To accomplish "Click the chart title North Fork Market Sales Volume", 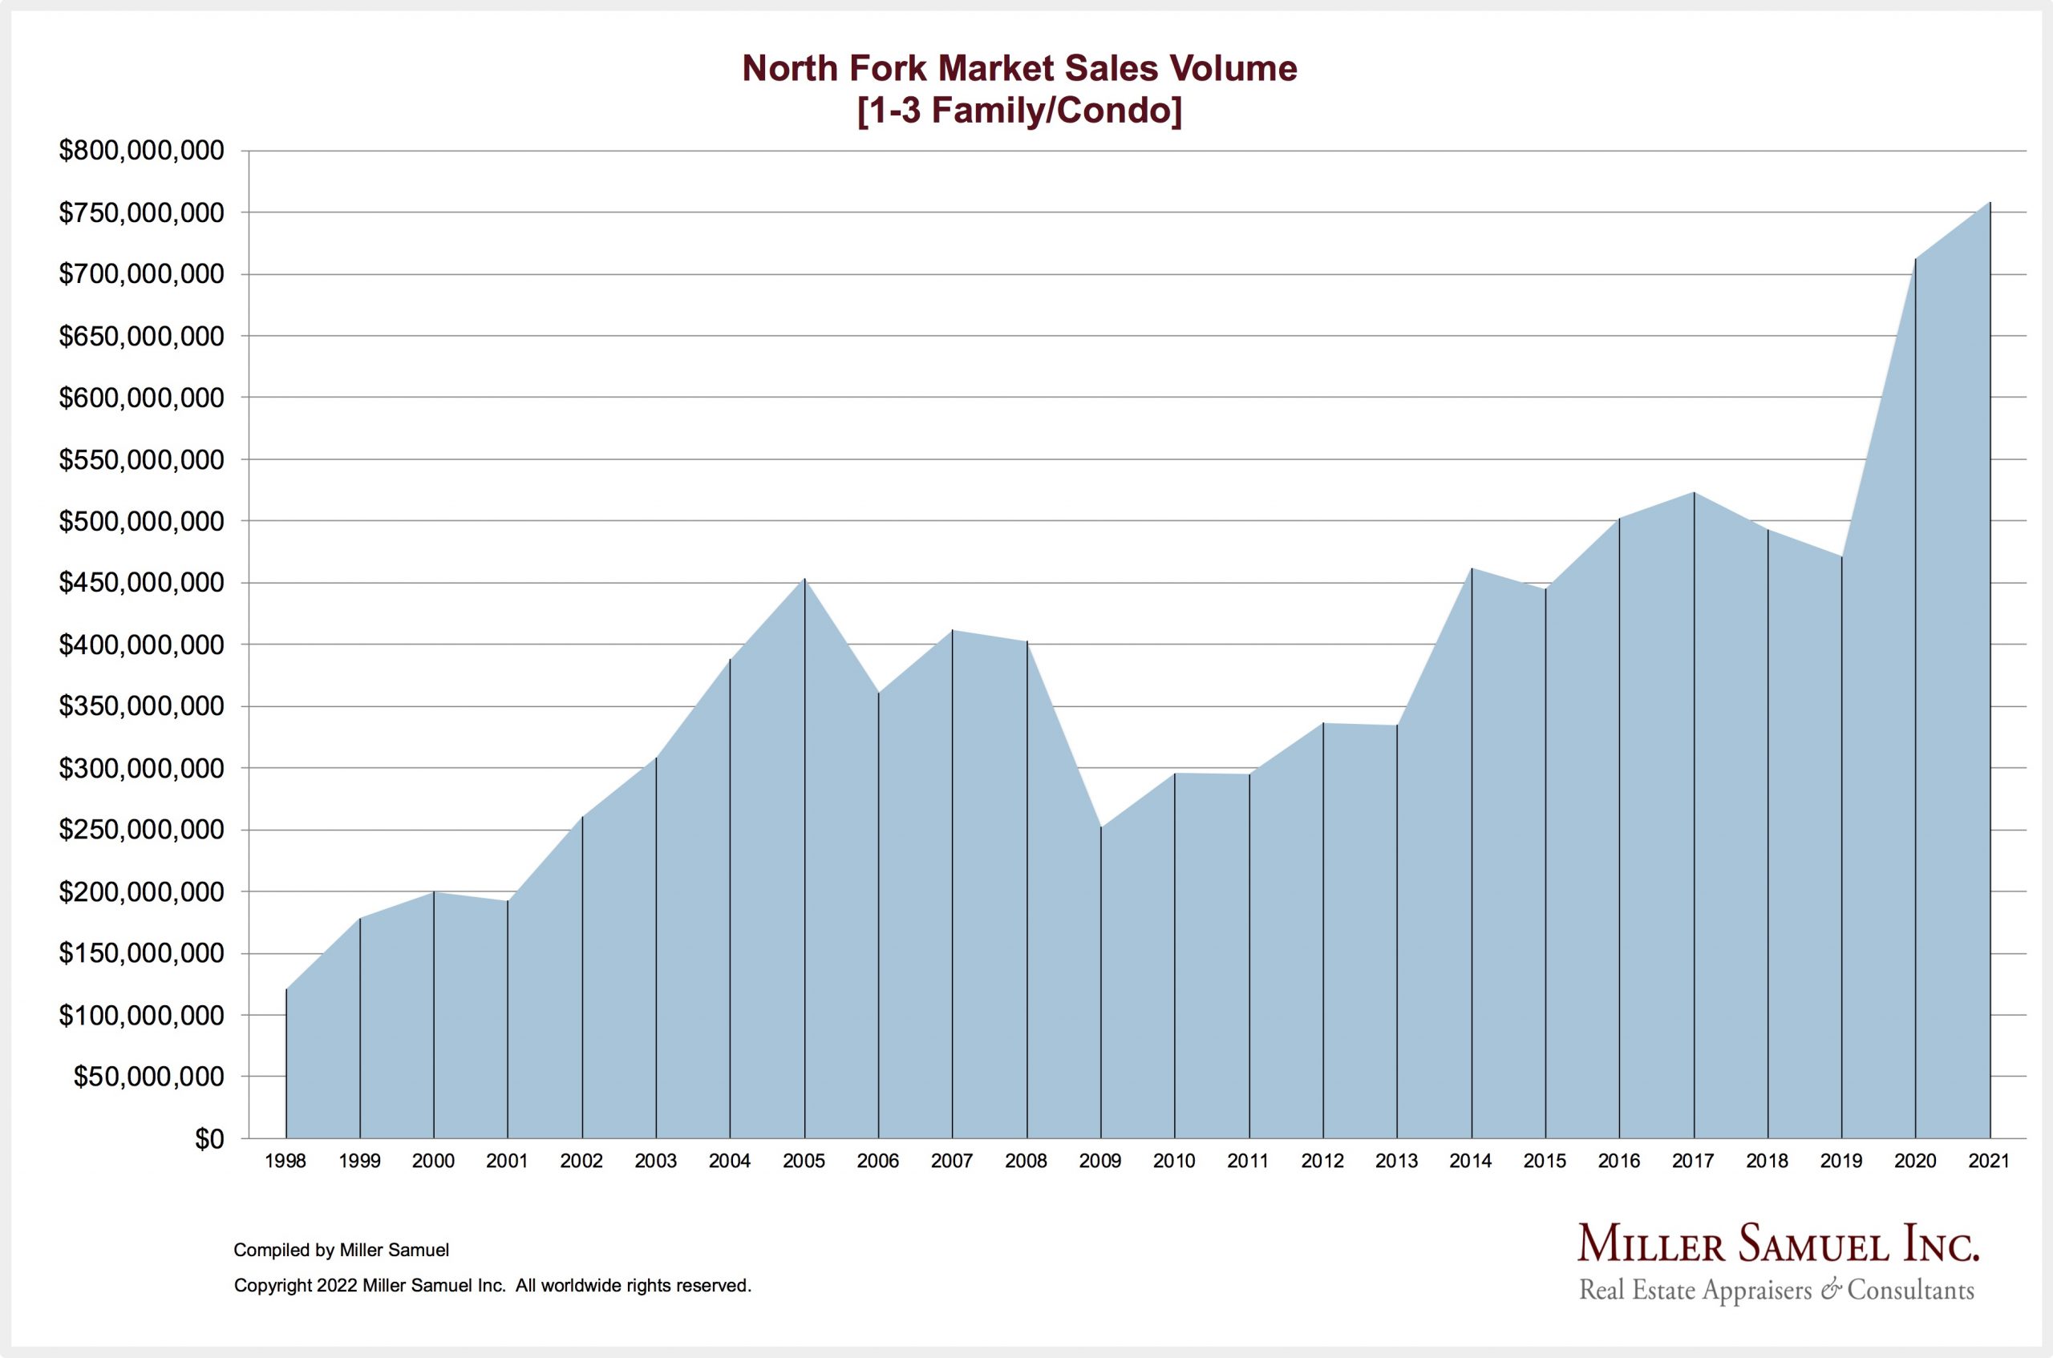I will click(1019, 68).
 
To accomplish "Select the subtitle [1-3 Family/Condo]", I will click(1019, 111).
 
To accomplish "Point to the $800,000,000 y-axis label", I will click(141, 151).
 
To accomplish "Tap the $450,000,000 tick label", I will click(141, 583).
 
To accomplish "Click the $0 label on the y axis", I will click(209, 1140).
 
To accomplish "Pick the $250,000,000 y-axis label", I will click(141, 830).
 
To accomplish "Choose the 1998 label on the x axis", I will click(285, 1162).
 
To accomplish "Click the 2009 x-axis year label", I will click(1100, 1162).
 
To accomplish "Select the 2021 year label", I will click(1989, 1162).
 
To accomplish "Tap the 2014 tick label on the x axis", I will click(1471, 1162).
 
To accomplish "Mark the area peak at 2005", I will click(804, 580).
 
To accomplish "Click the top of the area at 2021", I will click(1990, 203).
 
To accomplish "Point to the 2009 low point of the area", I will click(1101, 827).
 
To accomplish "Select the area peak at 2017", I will click(1694, 493).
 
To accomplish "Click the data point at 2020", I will click(1915, 258).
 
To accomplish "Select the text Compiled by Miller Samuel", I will click(342, 1250).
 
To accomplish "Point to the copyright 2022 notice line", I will click(492, 1286).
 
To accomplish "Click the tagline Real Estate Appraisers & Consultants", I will click(1776, 1291).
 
